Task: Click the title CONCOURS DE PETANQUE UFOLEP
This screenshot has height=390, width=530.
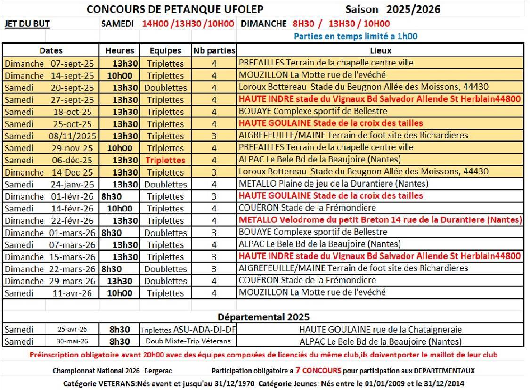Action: click(x=176, y=9)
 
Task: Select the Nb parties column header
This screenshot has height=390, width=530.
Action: click(x=214, y=50)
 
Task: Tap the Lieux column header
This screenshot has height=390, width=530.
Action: click(x=380, y=50)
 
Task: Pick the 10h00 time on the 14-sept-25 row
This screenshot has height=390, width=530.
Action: click(x=120, y=75)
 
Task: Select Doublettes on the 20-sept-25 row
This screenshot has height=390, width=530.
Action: click(x=165, y=88)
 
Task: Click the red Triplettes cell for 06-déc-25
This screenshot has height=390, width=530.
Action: click(x=165, y=160)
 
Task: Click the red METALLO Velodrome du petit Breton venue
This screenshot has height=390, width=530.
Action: click(x=380, y=220)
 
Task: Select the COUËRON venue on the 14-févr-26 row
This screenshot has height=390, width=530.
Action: click(x=307, y=208)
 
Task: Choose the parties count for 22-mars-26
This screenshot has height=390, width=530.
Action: click(x=214, y=268)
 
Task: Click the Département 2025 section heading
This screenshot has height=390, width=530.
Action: click(x=263, y=317)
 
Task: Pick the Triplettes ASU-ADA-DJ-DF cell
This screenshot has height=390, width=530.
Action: click(x=188, y=330)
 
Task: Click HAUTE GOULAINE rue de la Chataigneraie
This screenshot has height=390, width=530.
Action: click(x=380, y=330)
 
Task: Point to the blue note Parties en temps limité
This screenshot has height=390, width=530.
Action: click(x=356, y=36)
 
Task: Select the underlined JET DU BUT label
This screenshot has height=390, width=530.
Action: click(x=27, y=24)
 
